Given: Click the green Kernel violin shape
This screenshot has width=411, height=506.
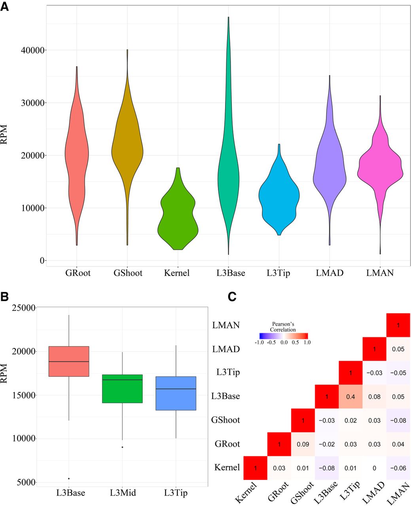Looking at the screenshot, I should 178,221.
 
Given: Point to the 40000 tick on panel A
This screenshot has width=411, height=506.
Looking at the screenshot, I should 34,50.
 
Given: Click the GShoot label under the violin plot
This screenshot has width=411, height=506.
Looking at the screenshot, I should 127,273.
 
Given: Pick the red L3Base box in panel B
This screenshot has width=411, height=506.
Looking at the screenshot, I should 69,361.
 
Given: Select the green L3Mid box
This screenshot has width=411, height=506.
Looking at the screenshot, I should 123,389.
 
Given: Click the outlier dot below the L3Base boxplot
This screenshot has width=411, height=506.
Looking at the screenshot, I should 69,478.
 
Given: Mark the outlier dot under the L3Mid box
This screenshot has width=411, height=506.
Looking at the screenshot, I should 123,447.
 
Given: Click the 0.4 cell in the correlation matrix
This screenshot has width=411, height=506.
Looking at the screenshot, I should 350,396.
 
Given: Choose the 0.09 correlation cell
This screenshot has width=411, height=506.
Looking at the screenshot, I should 303,444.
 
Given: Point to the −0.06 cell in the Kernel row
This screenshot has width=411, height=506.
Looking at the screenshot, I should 398,468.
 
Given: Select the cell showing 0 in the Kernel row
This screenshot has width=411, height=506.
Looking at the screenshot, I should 374,468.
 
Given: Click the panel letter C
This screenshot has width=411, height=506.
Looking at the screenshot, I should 232,296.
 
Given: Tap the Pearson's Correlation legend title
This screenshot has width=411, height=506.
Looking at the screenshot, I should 283,327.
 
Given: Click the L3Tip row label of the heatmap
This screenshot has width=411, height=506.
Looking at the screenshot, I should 228,372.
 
